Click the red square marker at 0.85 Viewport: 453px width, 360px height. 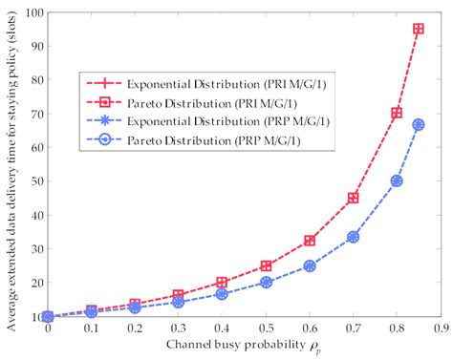point(418,29)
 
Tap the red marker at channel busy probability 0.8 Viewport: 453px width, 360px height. point(397,114)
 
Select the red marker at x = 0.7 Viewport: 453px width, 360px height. point(354,198)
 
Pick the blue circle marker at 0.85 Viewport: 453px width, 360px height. point(418,125)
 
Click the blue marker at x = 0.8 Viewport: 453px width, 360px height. point(397,180)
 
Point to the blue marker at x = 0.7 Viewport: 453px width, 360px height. point(354,236)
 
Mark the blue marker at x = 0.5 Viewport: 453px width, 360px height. point(267,282)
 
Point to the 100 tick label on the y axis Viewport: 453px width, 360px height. point(32,12)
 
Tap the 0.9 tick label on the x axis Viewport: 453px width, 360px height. point(439,328)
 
